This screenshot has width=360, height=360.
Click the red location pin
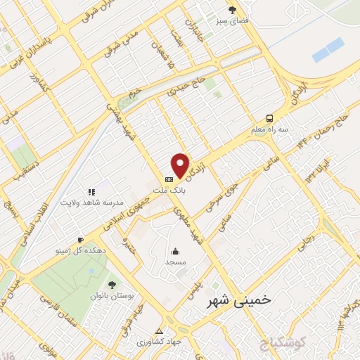click(x=181, y=165)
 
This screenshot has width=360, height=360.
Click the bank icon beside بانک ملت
click(x=168, y=179)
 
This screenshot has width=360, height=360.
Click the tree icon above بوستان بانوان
click(x=111, y=284)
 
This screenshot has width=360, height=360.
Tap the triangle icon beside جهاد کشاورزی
click(x=159, y=330)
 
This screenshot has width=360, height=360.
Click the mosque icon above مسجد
click(x=174, y=251)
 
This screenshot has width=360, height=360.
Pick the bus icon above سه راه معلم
click(x=270, y=119)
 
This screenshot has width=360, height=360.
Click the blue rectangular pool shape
click(x=328, y=49)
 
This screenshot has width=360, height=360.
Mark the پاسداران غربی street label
click(x=27, y=56)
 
